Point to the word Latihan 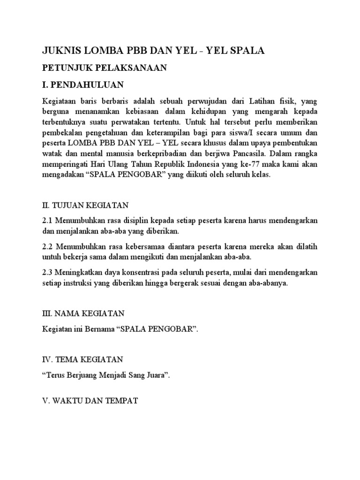(x=264, y=101)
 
